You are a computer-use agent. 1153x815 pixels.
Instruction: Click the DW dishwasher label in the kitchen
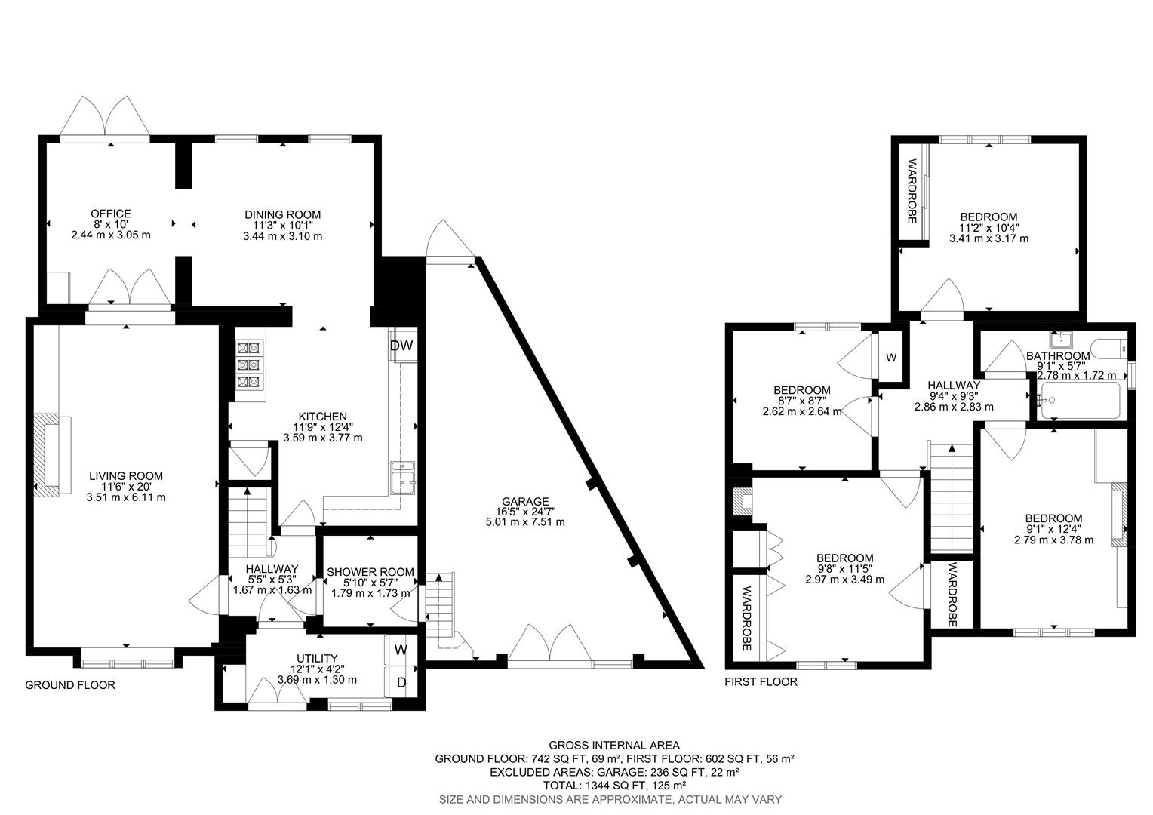click(401, 346)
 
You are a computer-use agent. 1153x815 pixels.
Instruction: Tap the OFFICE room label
click(111, 214)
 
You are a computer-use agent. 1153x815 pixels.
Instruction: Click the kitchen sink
click(403, 476)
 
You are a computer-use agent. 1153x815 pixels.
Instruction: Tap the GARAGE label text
click(524, 501)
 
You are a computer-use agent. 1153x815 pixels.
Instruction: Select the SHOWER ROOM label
click(369, 572)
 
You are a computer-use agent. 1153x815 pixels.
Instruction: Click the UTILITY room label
click(317, 658)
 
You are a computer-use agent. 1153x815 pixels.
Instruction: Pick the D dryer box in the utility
click(401, 683)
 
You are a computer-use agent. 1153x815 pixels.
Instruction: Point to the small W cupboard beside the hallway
click(890, 357)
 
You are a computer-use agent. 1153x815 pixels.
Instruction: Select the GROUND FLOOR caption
click(70, 685)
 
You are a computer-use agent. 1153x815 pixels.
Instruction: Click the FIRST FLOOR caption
click(761, 681)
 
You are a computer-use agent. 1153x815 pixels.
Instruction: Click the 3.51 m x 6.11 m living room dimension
click(126, 497)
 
